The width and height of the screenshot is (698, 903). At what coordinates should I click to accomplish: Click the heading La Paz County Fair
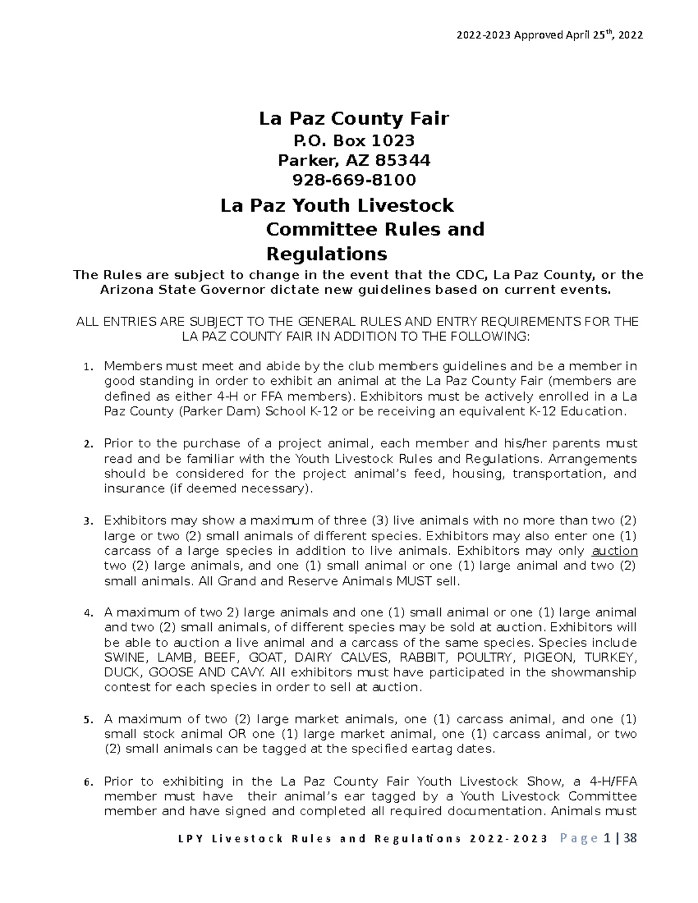(x=354, y=119)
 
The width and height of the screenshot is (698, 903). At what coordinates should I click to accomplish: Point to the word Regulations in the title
(x=326, y=254)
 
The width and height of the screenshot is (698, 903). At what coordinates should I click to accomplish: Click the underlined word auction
(x=615, y=551)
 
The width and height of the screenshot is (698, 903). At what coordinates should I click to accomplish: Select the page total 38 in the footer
(x=629, y=838)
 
